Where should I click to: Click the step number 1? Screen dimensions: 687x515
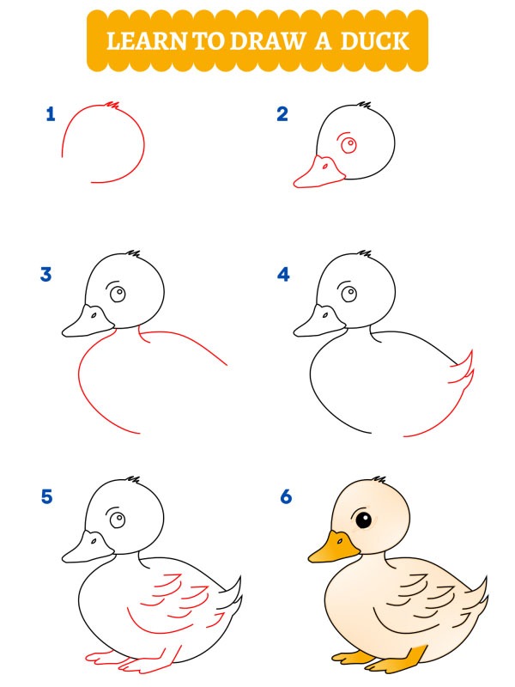51,114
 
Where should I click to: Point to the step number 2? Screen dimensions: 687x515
282,114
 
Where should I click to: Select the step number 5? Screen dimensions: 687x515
46,496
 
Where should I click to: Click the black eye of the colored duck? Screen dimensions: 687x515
364,520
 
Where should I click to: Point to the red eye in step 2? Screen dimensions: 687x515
349,145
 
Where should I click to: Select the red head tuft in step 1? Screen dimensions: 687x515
111,105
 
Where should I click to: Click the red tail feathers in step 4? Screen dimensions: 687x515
464,374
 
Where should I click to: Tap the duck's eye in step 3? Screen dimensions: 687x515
118,294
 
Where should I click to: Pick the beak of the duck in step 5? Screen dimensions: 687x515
88,548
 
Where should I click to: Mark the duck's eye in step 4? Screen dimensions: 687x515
349,294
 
